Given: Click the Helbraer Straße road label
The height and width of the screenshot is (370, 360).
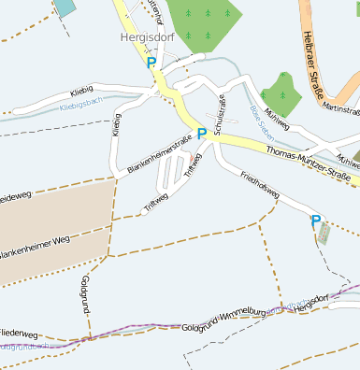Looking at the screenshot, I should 310,62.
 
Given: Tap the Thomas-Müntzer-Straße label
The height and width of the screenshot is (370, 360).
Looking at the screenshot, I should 307,163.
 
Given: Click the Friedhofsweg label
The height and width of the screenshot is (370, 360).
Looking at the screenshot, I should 260,183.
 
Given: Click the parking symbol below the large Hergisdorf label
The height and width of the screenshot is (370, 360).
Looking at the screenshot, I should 151,63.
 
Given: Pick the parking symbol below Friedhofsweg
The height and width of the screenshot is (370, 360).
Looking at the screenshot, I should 316,221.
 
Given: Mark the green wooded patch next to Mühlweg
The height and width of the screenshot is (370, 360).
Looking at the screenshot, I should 281,92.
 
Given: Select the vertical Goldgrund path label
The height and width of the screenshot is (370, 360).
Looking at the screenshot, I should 85,295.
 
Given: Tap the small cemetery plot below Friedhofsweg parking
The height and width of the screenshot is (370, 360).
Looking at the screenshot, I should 324,235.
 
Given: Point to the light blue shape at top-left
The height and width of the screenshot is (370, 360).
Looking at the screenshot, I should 65,7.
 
